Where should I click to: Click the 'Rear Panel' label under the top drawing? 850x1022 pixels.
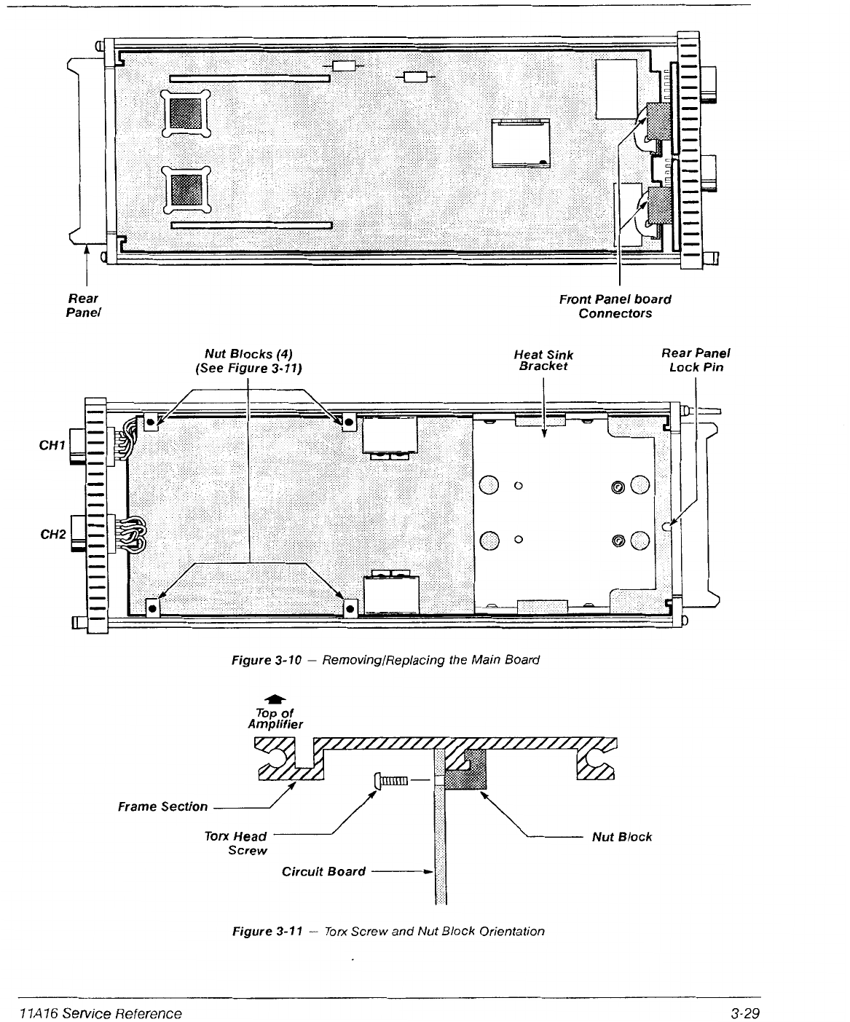tap(82, 305)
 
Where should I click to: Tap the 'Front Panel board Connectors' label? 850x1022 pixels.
tap(615, 306)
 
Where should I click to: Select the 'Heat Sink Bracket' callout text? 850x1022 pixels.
tap(543, 361)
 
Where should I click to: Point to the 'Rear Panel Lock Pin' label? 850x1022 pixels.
tap(696, 360)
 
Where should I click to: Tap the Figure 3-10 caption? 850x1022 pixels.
tap(385, 660)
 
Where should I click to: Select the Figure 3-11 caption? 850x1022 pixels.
tap(387, 931)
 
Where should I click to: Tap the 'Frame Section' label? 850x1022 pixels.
tap(163, 806)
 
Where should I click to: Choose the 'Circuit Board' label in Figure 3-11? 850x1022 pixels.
tap(323, 871)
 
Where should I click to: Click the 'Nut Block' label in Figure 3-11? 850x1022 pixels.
tap(621, 837)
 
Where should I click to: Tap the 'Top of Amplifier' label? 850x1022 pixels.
tap(275, 718)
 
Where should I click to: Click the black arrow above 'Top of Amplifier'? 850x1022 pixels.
tap(275, 697)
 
